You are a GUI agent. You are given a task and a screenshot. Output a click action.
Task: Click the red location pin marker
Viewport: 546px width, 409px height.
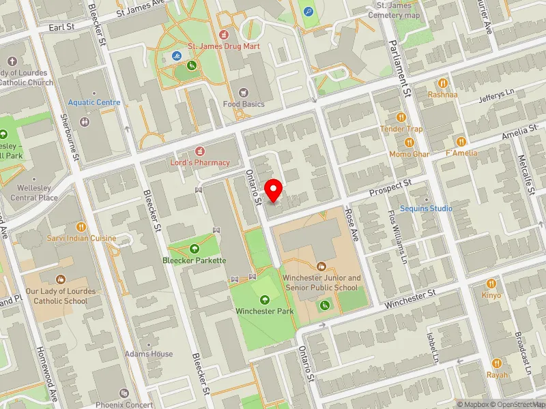(274, 189)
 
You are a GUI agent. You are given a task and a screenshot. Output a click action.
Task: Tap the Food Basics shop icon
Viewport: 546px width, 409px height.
(243, 93)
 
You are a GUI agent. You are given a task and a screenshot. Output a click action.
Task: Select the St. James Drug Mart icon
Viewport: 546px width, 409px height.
(223, 33)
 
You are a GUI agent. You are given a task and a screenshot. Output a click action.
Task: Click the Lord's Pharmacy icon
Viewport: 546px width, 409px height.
(200, 151)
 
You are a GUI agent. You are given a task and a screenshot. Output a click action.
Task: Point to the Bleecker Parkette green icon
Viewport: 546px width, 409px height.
(195, 249)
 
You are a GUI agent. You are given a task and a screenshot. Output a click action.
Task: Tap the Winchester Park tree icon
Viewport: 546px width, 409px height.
(265, 299)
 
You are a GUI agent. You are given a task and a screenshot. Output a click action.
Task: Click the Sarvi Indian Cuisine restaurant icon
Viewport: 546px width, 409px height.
(81, 226)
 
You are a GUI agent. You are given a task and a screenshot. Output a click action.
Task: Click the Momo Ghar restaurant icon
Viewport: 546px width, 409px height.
(409, 142)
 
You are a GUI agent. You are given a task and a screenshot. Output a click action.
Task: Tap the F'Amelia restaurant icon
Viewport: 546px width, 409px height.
(461, 141)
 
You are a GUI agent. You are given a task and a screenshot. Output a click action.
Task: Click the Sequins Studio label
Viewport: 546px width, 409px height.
(426, 208)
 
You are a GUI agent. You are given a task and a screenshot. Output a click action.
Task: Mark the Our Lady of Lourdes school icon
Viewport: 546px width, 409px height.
(60, 279)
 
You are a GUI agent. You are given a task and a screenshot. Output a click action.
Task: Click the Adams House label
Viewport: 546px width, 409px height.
(148, 354)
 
